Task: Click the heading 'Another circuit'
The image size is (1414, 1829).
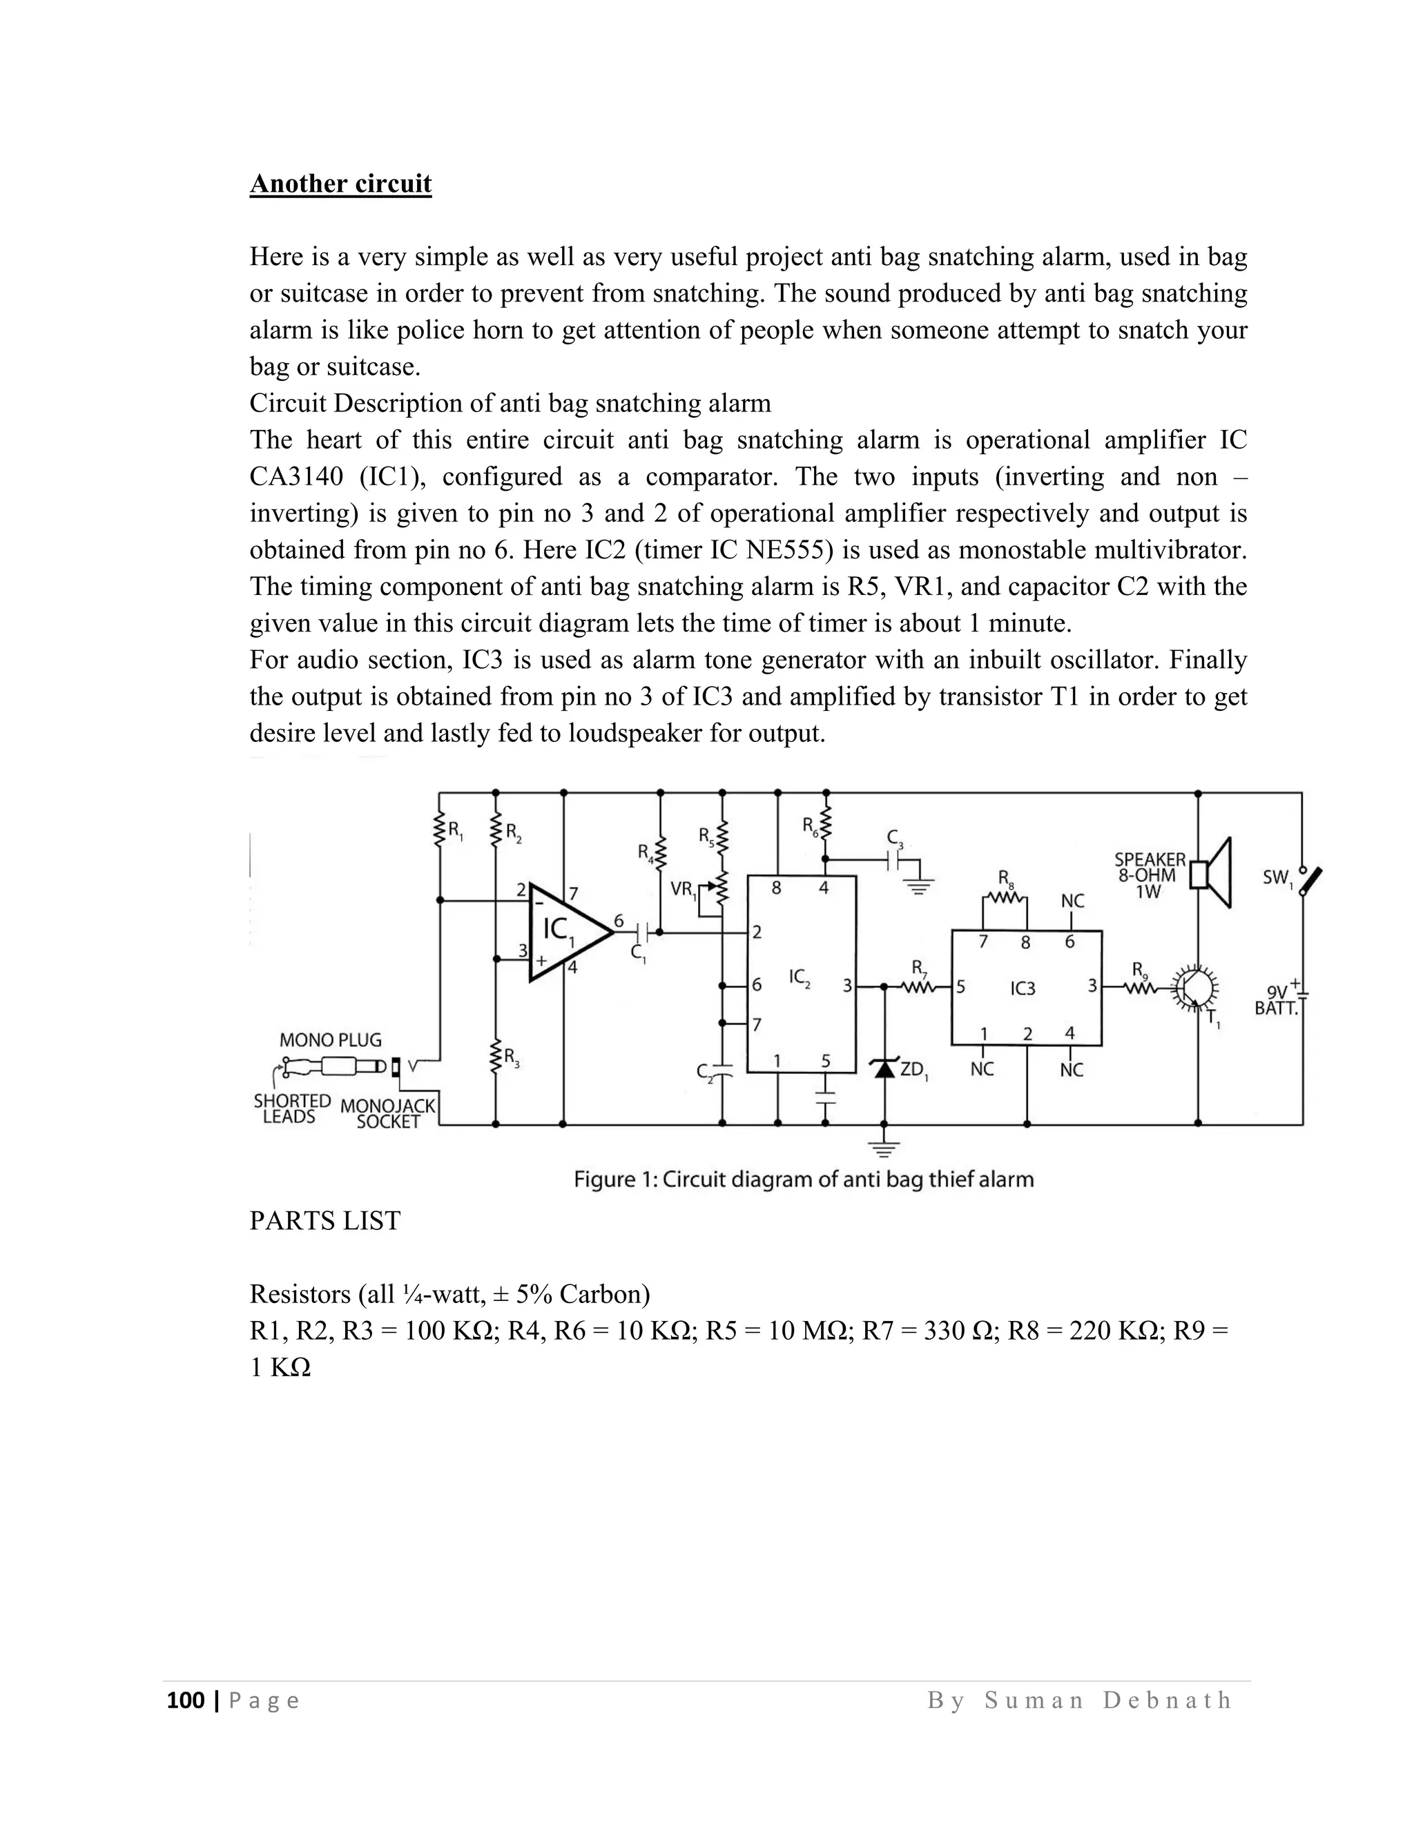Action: click(x=340, y=184)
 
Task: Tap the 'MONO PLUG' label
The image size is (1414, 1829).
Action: click(x=330, y=1040)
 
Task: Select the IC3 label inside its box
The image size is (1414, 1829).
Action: click(x=1023, y=988)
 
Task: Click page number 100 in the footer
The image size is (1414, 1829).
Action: click(x=186, y=1700)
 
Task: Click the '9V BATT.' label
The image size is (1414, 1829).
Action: click(x=1277, y=1001)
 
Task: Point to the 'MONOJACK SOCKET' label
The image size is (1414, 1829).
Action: click(x=387, y=1113)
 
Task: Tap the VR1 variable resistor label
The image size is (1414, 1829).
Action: click(x=684, y=890)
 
